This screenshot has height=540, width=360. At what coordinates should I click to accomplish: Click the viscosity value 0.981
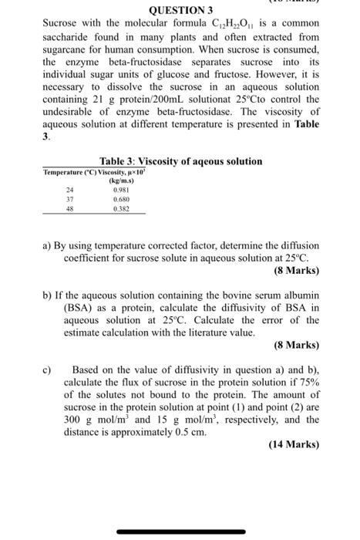[x=121, y=190]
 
